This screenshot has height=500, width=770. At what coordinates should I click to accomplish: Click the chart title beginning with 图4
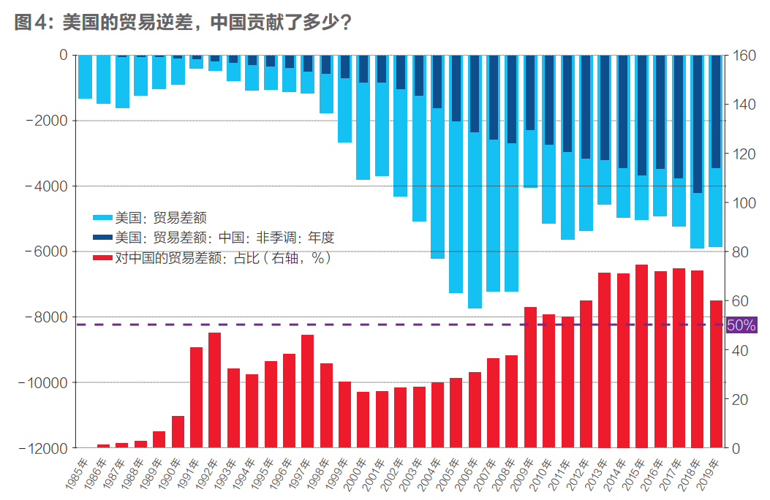click(x=183, y=22)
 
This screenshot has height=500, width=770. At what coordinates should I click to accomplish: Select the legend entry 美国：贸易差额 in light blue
click(x=150, y=217)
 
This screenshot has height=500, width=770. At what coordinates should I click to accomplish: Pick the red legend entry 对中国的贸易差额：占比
click(x=212, y=258)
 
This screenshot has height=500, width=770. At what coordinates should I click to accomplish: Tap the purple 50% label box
click(x=741, y=325)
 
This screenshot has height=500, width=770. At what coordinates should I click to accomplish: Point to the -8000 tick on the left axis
click(x=45, y=317)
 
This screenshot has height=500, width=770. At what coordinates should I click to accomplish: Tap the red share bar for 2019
click(x=716, y=374)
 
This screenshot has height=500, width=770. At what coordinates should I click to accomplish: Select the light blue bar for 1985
click(x=85, y=77)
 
